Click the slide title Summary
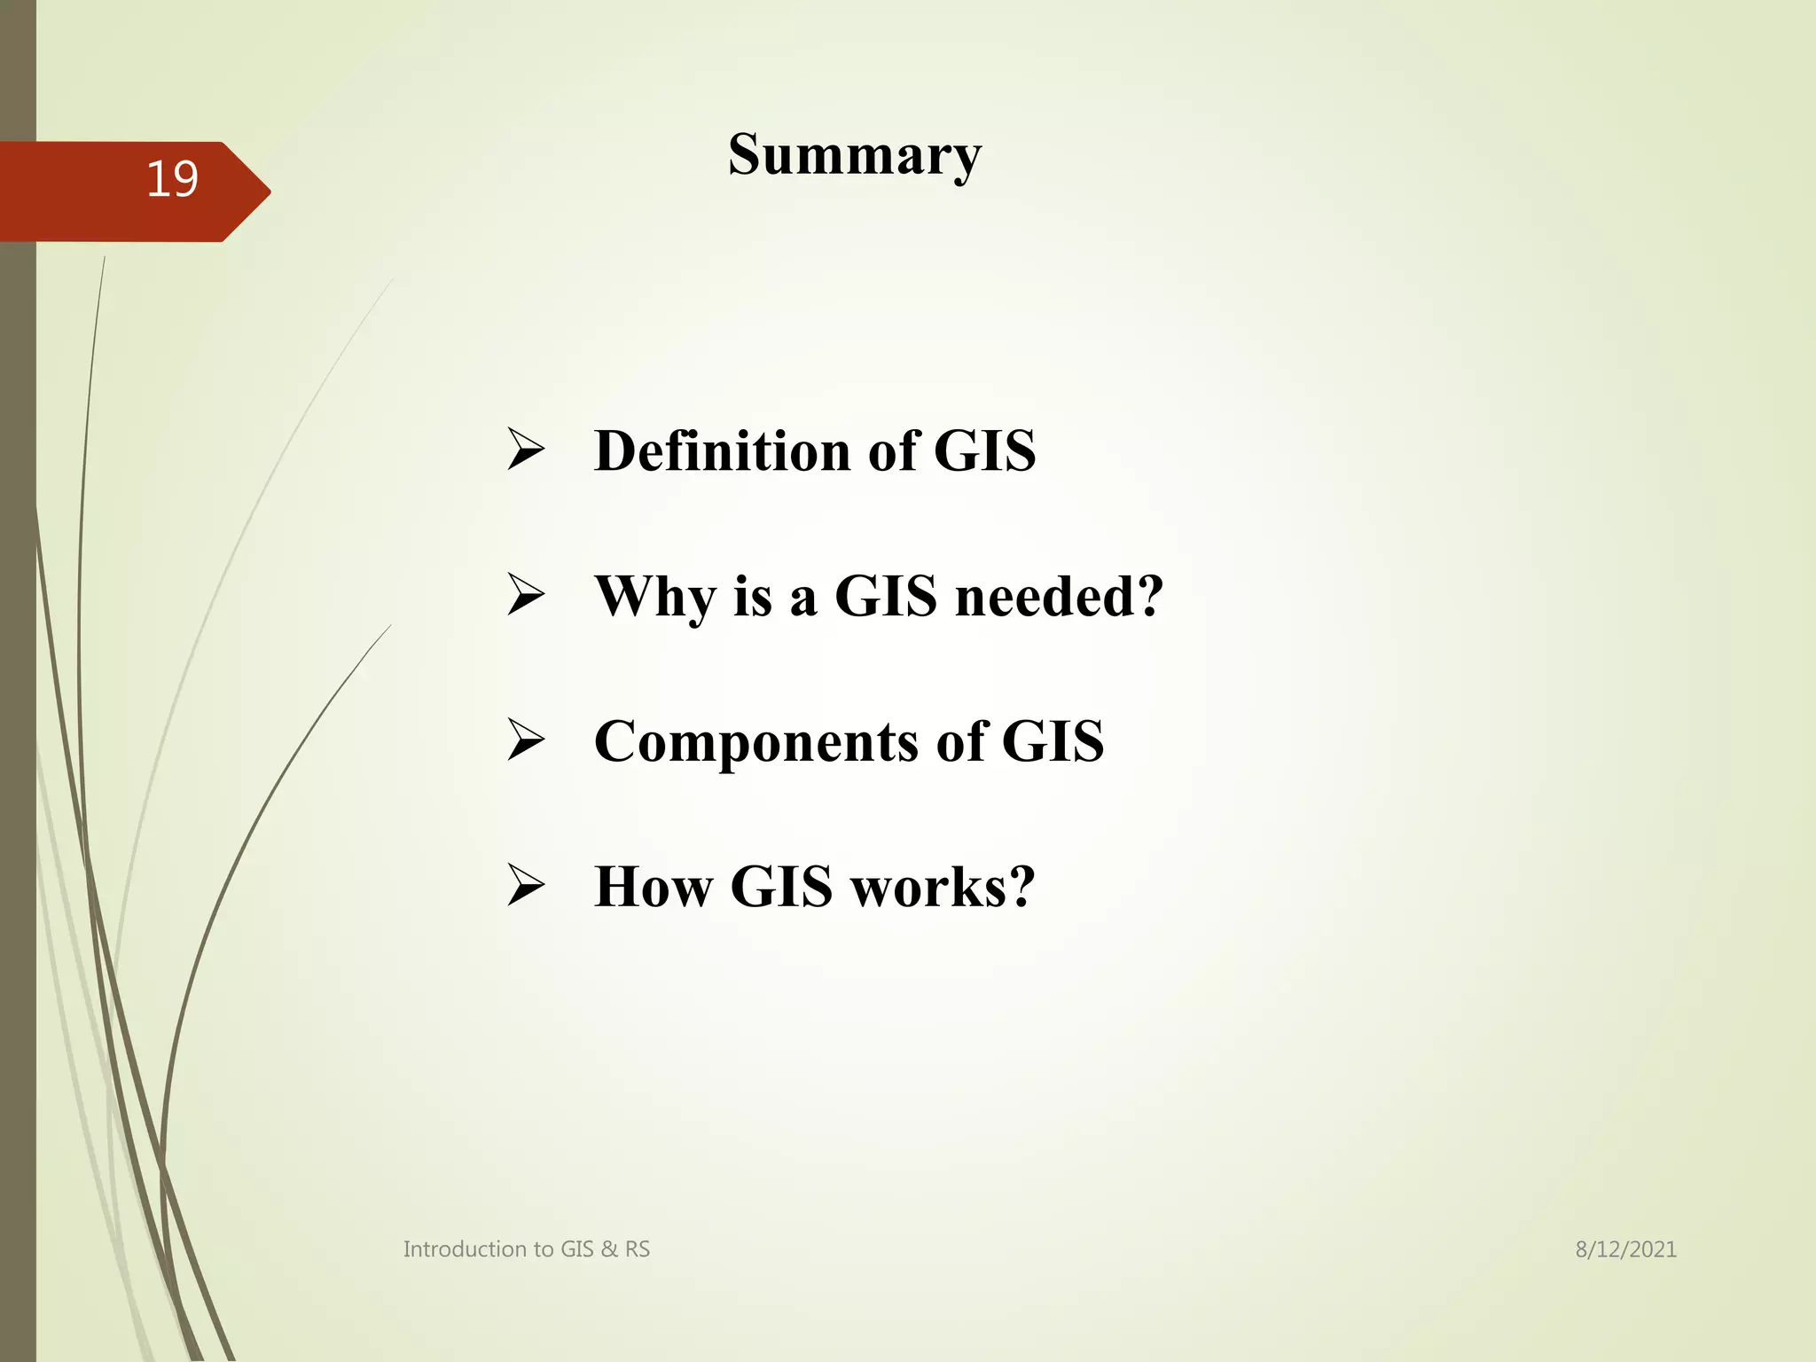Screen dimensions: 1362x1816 [855, 155]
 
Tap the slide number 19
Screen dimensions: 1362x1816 [172, 179]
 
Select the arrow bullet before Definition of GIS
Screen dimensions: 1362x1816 [526, 449]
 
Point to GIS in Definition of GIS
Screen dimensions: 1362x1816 [984, 450]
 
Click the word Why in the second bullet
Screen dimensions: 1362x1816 [654, 596]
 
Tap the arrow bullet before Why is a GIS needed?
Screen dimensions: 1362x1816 [526, 594]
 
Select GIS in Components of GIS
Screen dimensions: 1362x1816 [1053, 741]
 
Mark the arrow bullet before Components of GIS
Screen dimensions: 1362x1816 [526, 740]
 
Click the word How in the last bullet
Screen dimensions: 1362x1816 [652, 886]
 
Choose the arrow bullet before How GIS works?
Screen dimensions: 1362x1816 [526, 885]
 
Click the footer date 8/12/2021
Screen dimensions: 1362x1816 [1625, 1249]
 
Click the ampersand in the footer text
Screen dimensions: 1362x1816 [609, 1249]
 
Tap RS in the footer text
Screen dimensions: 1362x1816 [638, 1249]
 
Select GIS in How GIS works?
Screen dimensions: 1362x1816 [781, 886]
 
